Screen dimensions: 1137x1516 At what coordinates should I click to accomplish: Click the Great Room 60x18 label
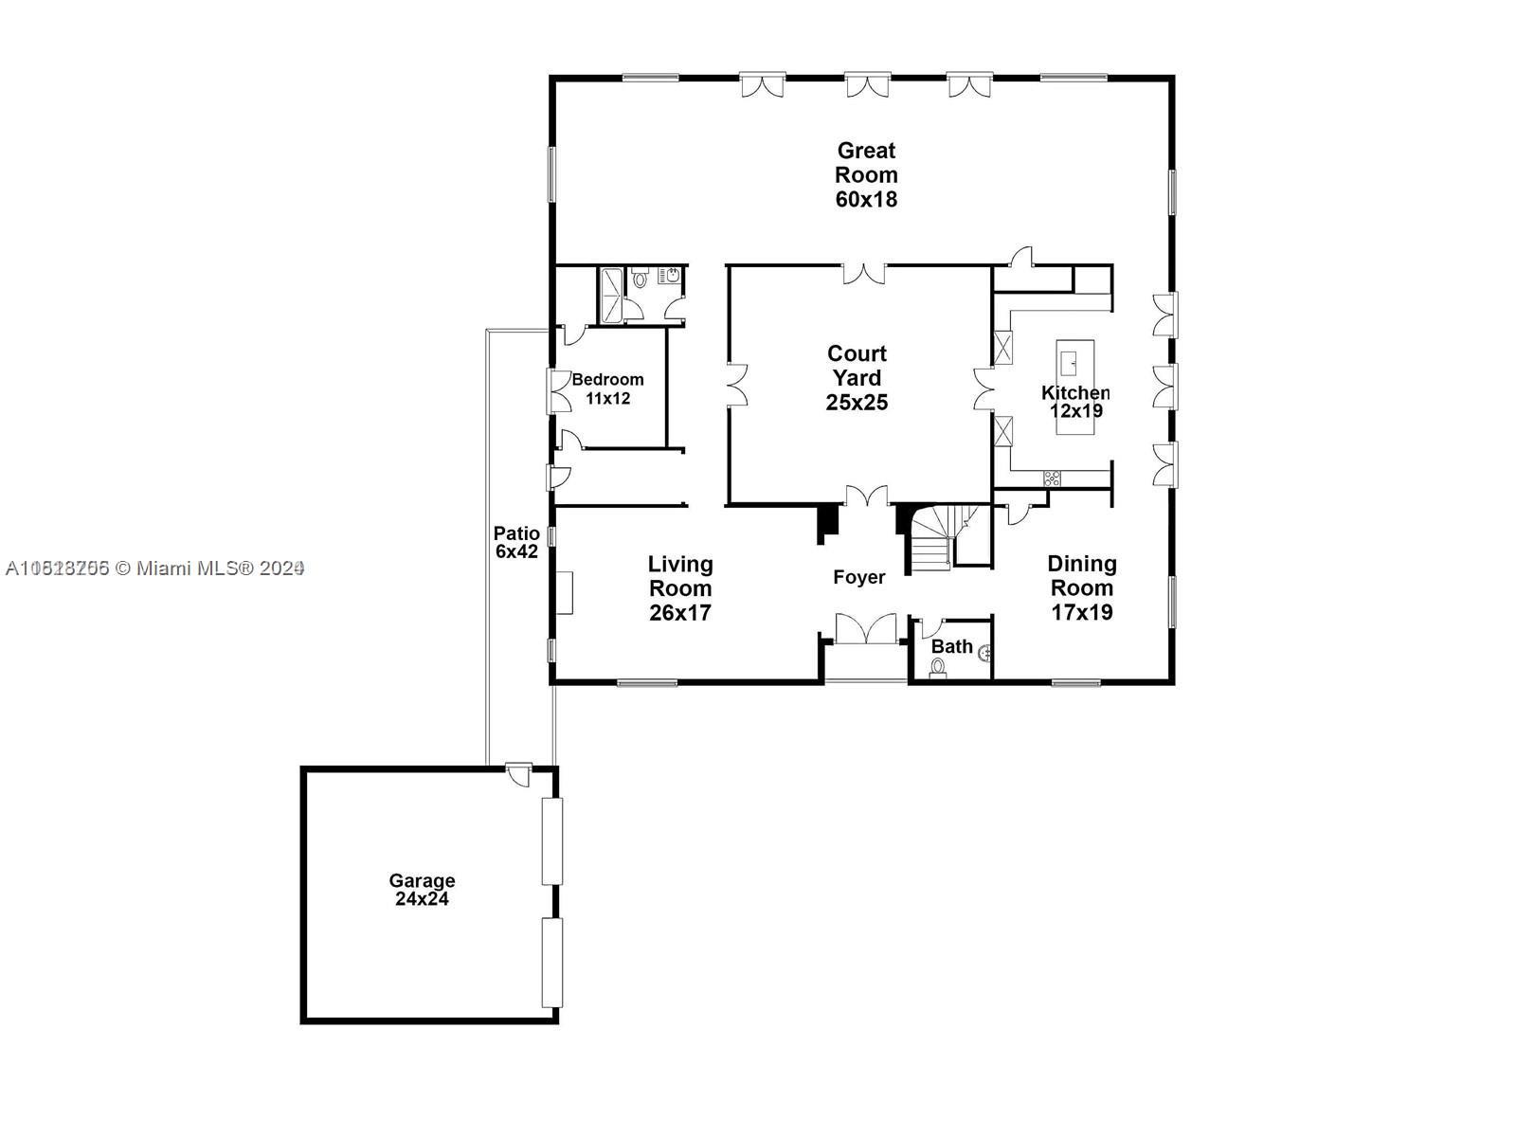[866, 175]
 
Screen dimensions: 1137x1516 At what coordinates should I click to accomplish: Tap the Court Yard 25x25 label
[857, 378]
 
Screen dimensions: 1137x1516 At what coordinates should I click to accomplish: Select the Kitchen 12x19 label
[1075, 402]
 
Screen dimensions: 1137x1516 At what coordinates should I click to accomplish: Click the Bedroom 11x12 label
[607, 388]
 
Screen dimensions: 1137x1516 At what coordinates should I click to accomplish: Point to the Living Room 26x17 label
[680, 588]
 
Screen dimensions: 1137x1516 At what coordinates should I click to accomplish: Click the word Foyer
[858, 577]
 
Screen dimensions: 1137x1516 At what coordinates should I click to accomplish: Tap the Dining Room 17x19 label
[1081, 588]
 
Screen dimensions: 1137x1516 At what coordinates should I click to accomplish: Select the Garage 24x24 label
[422, 890]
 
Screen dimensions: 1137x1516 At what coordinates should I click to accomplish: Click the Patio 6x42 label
[516, 542]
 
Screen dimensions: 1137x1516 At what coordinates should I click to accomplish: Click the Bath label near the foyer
[951, 646]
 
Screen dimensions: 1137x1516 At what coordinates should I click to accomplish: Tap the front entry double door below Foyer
[865, 629]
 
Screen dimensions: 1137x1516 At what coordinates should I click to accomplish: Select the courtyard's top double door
[864, 274]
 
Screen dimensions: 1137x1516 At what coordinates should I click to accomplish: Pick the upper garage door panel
[551, 841]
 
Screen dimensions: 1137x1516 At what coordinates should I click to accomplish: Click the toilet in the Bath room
[938, 667]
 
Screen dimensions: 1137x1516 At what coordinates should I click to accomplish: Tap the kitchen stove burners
[1052, 478]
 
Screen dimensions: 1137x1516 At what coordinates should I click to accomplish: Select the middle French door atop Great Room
[868, 86]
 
